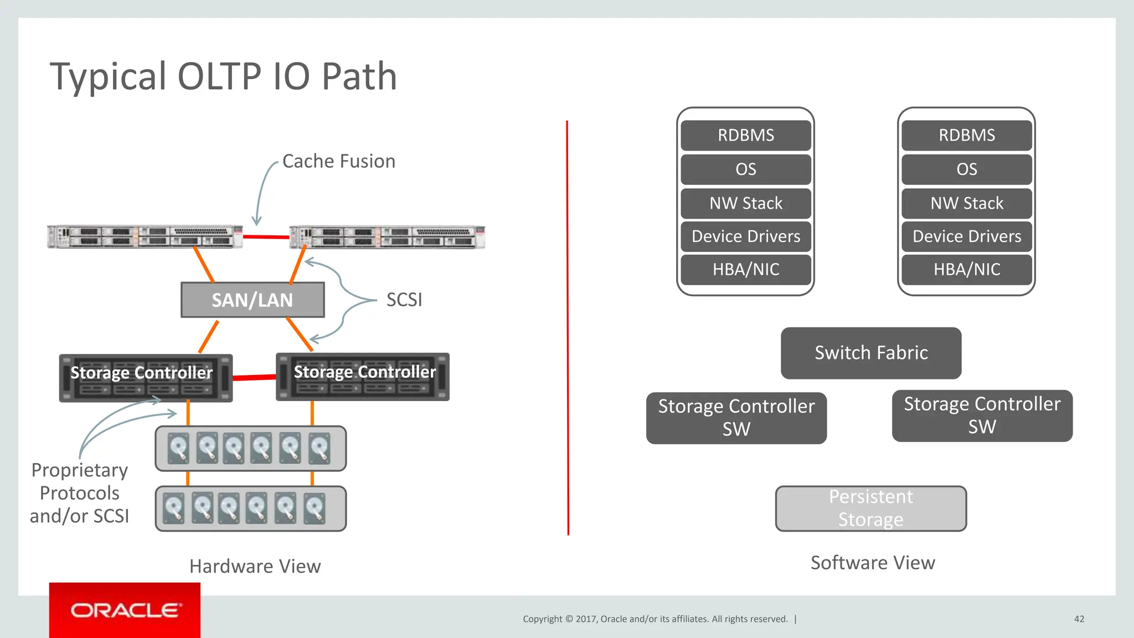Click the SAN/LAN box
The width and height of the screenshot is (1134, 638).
click(252, 300)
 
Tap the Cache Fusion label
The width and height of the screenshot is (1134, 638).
click(338, 161)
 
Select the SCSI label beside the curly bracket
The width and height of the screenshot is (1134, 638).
click(404, 300)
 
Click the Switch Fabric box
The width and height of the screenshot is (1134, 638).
click(870, 353)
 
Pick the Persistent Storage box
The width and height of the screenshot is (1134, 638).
click(870, 508)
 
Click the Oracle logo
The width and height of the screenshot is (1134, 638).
click(125, 610)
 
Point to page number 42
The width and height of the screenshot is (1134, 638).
click(1079, 619)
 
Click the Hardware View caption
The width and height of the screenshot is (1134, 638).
click(255, 566)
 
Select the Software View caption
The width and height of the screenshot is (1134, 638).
click(873, 563)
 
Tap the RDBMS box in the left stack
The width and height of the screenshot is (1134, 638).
click(745, 135)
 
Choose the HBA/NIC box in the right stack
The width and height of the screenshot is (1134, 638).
click(966, 270)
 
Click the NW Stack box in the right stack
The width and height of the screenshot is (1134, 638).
click(966, 203)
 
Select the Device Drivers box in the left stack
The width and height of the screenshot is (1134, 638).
click(745, 236)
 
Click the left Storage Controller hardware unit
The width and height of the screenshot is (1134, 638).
click(145, 378)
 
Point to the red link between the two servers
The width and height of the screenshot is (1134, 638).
click(266, 237)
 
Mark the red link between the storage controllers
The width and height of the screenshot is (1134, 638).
click(254, 378)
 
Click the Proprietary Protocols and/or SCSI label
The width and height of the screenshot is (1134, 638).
click(79, 493)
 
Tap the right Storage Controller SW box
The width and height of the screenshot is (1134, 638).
click(982, 415)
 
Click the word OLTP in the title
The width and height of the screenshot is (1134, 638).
click(219, 76)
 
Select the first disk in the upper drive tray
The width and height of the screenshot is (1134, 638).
click(178, 448)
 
